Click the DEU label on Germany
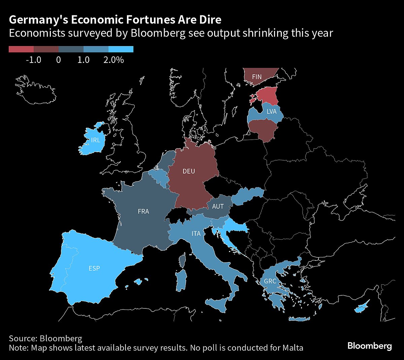point(189,171)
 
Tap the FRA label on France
point(143,212)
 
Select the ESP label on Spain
point(94,268)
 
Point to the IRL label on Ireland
point(96,140)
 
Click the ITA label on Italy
point(196,233)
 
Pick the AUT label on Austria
point(218,206)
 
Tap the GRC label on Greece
point(270,281)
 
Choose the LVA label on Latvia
point(271,111)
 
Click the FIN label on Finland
point(257,77)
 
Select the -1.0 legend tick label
point(33,60)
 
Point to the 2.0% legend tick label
point(113,60)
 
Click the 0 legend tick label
point(59,60)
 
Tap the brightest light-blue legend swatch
point(121,49)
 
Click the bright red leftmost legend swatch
point(21,49)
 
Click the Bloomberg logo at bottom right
point(369,346)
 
